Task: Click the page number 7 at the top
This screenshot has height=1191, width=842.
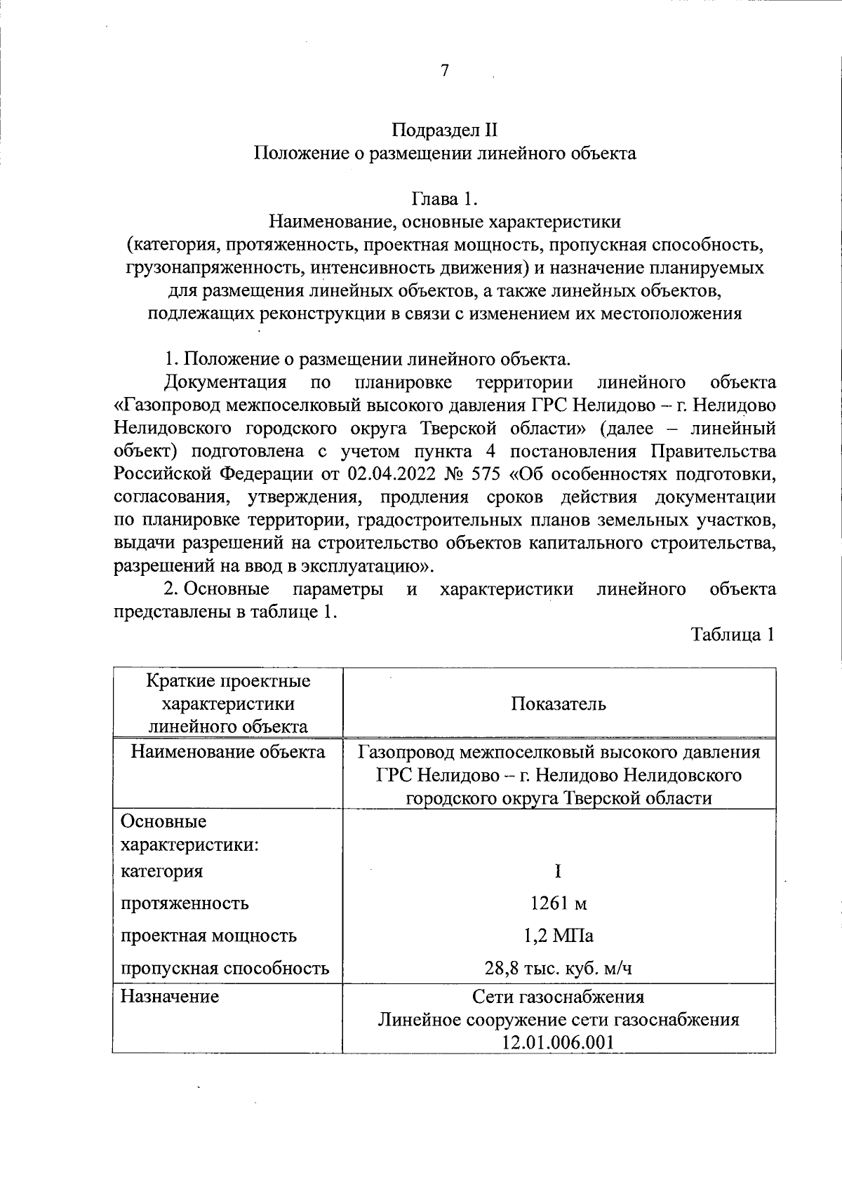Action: [x=443, y=70]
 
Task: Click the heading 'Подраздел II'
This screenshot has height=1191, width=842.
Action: [x=444, y=130]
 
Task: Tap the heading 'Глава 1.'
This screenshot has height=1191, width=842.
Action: [x=444, y=199]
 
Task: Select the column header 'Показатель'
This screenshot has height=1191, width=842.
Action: [x=559, y=704]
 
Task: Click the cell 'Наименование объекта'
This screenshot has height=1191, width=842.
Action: [x=228, y=753]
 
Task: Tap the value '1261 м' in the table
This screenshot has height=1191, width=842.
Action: [x=559, y=903]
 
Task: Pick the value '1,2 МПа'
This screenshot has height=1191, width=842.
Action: [x=559, y=936]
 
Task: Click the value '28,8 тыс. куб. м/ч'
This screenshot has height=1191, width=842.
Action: [x=559, y=969]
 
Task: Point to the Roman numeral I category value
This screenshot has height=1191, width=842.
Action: [x=558, y=871]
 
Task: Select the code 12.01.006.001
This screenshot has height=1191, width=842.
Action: [x=559, y=1042]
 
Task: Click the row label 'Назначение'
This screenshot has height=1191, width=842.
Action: [x=170, y=996]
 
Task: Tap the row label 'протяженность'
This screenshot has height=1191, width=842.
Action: [x=185, y=903]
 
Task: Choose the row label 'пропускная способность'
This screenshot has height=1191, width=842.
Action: [x=225, y=969]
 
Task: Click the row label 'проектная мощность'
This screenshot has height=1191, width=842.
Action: [x=208, y=936]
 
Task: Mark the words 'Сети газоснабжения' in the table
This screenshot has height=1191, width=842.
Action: [x=559, y=997]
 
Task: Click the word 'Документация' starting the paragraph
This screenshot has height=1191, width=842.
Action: [x=225, y=382]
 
